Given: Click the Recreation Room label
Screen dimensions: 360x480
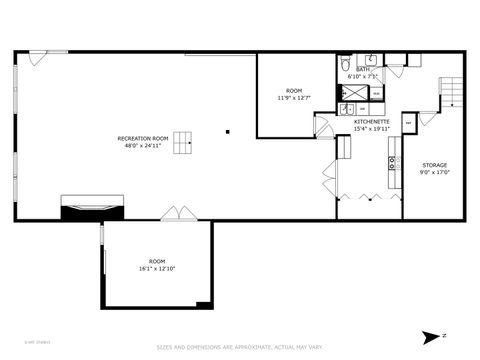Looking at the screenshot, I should point(142,138).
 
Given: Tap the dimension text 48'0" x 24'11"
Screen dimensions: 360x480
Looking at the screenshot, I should point(142,145).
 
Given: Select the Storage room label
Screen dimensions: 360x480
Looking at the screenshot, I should point(434,164).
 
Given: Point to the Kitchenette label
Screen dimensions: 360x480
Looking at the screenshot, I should point(370,122).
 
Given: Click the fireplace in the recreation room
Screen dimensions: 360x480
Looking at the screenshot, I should point(93,206).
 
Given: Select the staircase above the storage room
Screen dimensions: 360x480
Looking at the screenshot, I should point(453,96).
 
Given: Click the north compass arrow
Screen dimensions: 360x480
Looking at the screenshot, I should point(433,336).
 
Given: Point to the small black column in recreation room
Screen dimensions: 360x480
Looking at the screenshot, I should point(228,130).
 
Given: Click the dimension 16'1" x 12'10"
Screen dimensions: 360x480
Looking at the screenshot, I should point(157,268).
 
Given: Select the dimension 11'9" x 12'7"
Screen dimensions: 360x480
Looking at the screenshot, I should point(294,98).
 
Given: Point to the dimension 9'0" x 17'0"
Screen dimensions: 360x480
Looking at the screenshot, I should point(434,171).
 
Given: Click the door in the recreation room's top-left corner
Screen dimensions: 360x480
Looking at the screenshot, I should point(36,58).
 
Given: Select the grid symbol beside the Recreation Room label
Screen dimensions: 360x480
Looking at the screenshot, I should point(182,145).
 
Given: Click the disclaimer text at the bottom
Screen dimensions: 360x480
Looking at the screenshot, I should point(240,348).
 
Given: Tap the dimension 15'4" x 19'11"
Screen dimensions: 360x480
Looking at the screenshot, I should point(370,129).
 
